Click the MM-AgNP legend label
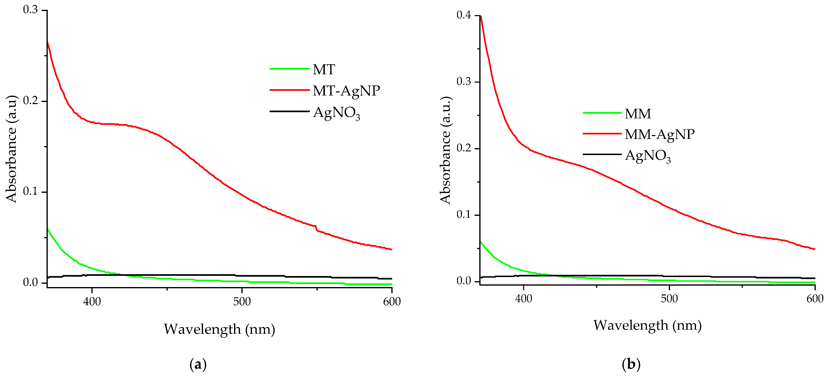point(660,134)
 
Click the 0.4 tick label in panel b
point(464,15)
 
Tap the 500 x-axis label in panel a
point(242,302)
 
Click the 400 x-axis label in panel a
point(92,302)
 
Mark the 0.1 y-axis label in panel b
point(464,214)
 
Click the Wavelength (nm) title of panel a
point(219,329)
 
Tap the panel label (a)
point(198,364)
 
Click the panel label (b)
point(631,364)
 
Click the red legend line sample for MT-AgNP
point(289,90)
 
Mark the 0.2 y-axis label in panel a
point(31,101)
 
